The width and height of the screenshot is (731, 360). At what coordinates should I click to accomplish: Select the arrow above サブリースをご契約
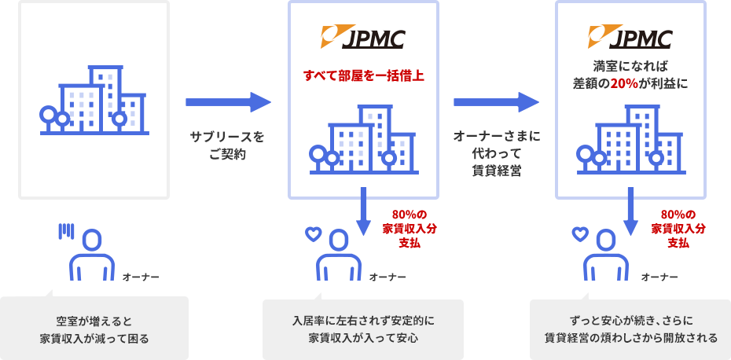(228, 102)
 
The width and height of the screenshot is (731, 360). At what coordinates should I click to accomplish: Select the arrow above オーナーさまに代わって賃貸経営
(496, 102)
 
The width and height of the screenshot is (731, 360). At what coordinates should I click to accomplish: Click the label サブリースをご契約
(227, 145)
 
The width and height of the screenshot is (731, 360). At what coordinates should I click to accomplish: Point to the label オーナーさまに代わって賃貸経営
(496, 153)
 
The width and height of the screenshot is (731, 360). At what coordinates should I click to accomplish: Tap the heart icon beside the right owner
(580, 233)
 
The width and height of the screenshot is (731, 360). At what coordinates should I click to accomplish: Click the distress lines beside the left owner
(67, 230)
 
